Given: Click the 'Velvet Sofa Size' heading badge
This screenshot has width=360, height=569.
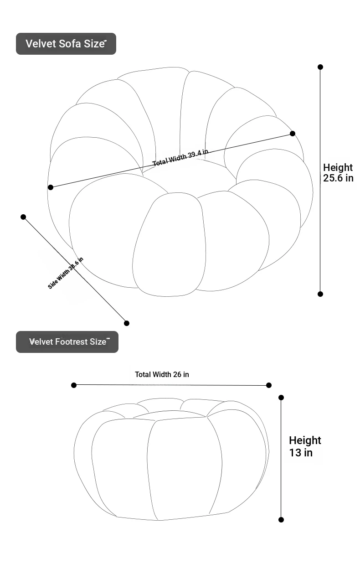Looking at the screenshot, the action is click(x=66, y=44).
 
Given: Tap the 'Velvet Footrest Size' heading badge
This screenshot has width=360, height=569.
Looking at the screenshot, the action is click(x=67, y=341).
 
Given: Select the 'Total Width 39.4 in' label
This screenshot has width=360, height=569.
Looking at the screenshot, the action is click(x=180, y=157).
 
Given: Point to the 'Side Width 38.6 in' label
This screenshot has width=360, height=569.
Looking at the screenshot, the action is click(x=66, y=273).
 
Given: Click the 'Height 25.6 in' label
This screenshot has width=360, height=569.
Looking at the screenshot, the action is click(x=338, y=173).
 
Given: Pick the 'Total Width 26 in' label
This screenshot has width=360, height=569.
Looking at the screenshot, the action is click(x=162, y=374).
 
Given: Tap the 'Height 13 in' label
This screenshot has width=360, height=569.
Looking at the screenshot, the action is click(x=305, y=446).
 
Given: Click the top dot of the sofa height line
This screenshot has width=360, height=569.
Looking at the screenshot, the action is click(x=320, y=67).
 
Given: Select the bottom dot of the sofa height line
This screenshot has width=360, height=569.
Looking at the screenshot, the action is click(x=320, y=294).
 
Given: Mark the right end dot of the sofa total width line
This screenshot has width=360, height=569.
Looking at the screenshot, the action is click(x=293, y=133).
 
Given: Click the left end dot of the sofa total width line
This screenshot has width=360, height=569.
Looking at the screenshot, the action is click(x=51, y=187).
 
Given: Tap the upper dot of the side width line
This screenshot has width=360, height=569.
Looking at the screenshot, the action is click(x=23, y=217).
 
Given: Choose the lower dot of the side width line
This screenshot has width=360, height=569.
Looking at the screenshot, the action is click(x=126, y=323).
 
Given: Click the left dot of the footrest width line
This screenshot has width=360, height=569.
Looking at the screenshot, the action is click(x=74, y=385).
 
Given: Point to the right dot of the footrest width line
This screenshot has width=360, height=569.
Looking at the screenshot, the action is click(x=269, y=385).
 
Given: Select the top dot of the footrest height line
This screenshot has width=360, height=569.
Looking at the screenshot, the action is click(x=281, y=398).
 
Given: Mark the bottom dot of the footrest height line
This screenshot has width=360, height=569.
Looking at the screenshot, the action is click(x=281, y=520).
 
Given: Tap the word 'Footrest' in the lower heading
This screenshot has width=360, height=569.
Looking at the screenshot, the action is click(x=71, y=341).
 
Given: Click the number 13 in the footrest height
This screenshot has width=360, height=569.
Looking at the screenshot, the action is click(x=295, y=453).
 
